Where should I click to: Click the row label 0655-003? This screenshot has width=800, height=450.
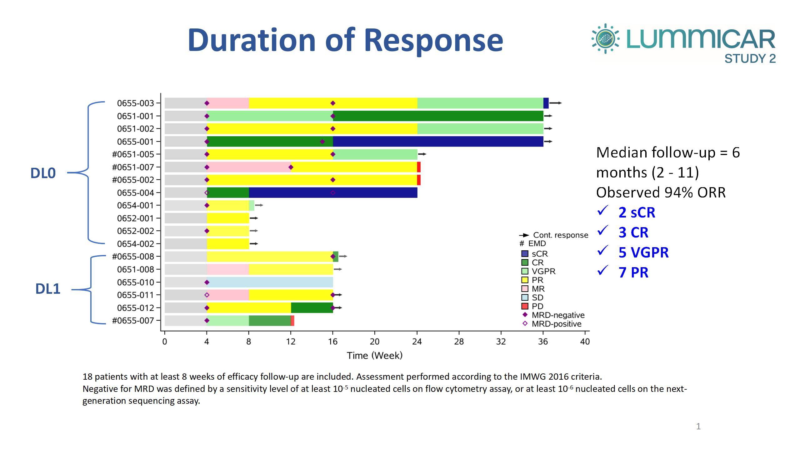(x=135, y=103)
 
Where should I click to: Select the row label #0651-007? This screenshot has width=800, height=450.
(x=133, y=167)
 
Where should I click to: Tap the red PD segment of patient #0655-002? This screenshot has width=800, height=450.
(x=419, y=180)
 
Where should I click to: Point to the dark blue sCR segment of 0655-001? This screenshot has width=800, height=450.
(x=437, y=142)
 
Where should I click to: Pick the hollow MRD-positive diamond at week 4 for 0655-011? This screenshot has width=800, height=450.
(x=207, y=295)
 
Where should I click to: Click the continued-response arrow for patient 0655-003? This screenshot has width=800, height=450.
(x=556, y=103)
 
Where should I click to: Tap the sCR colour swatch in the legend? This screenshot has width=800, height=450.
(x=525, y=254)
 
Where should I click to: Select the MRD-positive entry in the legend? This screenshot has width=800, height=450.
(x=556, y=324)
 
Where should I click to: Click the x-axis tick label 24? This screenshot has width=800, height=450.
(x=417, y=342)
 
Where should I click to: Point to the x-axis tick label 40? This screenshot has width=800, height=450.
(x=585, y=342)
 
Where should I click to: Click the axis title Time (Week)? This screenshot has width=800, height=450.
(x=374, y=356)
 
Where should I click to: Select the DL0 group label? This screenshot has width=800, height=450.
(x=43, y=173)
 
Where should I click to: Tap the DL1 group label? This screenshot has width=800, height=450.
(x=48, y=289)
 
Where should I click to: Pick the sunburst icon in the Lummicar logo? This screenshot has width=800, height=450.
(x=605, y=39)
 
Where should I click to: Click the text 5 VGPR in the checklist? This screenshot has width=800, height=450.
(x=643, y=252)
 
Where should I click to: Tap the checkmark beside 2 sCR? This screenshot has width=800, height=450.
(x=602, y=211)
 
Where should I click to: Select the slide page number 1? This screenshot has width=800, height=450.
(x=698, y=426)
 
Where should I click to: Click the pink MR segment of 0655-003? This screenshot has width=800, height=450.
(x=228, y=103)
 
